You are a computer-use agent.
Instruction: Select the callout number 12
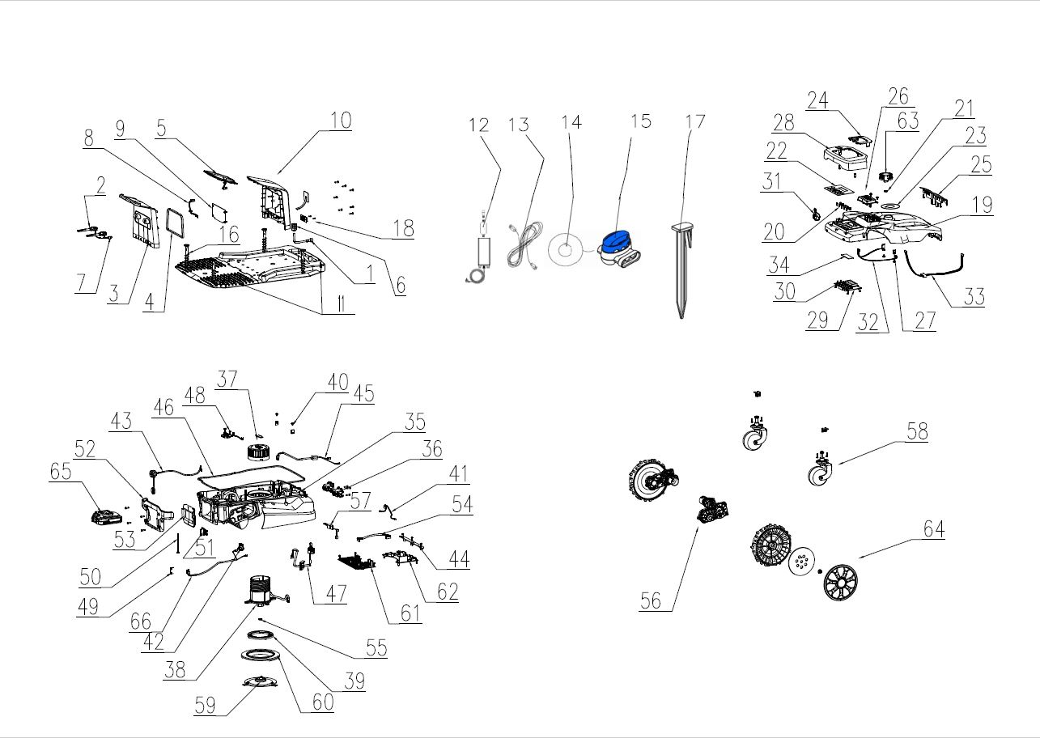pyautogui.click(x=479, y=125)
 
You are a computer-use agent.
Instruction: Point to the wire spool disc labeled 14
pyautogui.click(x=566, y=248)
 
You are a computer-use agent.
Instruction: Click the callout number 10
pyautogui.click(x=341, y=121)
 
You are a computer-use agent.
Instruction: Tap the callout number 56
pyautogui.click(x=651, y=600)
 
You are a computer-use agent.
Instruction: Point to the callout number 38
pyautogui.click(x=175, y=670)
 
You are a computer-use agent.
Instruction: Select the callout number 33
pyautogui.click(x=974, y=296)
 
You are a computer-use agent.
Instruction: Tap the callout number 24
pyautogui.click(x=817, y=100)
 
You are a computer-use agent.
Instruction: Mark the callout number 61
pyautogui.click(x=411, y=613)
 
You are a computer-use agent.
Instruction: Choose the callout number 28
pyautogui.click(x=783, y=123)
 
